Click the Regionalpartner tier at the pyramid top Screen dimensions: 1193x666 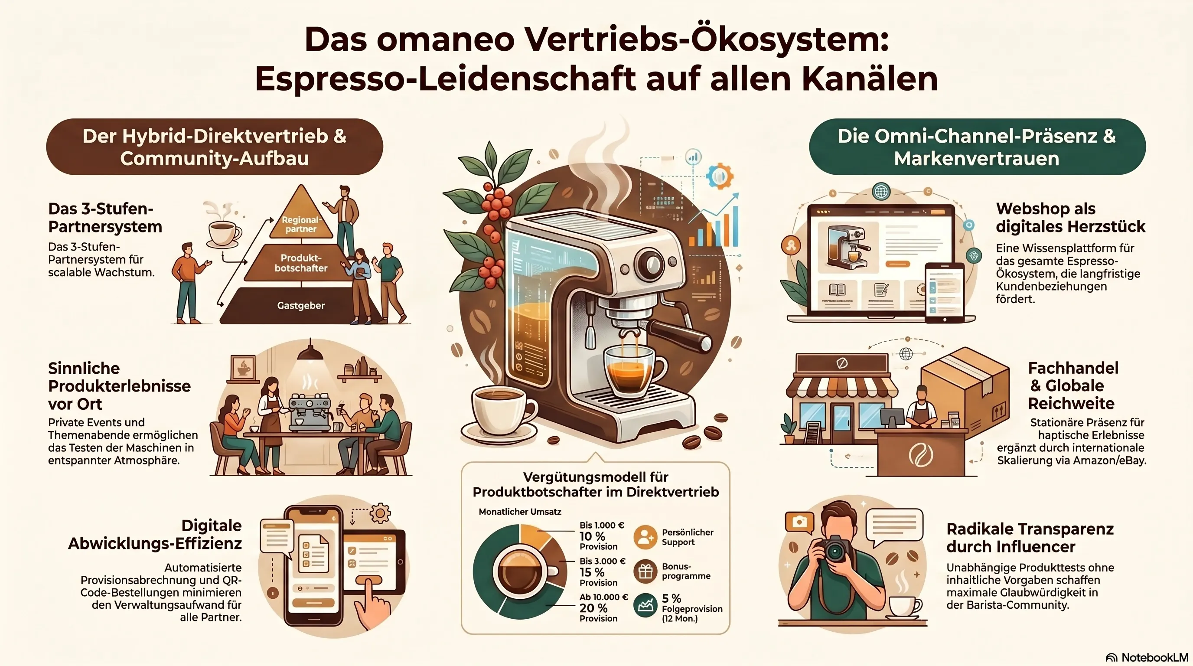[x=301, y=218]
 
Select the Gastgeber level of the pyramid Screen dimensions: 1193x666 [x=301, y=305]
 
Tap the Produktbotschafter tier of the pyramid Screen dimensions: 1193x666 [x=300, y=263]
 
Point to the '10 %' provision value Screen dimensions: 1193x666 [x=592, y=536]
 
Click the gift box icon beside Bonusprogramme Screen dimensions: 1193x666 [x=645, y=571]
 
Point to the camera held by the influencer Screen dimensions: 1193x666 [x=834, y=549]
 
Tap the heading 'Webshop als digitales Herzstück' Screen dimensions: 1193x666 [x=1070, y=218]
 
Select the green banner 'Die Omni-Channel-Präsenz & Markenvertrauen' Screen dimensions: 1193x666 [x=977, y=147]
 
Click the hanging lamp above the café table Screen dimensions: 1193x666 [x=310, y=352]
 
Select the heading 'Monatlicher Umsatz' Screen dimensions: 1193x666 [x=520, y=512]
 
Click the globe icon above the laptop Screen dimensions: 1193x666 [x=880, y=191]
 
